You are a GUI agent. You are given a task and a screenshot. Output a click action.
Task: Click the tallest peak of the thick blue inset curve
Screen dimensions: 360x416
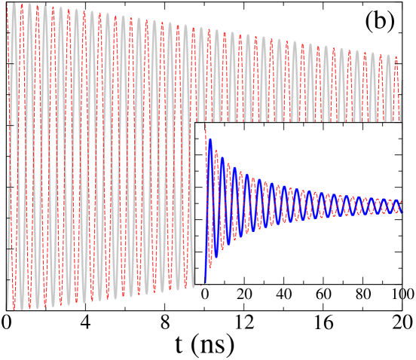pos(210,139)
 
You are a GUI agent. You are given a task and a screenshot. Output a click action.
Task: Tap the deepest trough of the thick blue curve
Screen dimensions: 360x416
pos(216,257)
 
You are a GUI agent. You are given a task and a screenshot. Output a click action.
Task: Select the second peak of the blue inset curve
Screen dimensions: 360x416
pos(222,158)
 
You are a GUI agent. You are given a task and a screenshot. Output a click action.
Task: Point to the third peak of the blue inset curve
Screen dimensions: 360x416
pos(234,168)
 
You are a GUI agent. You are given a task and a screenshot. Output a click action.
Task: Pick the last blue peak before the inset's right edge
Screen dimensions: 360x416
pos(396,200)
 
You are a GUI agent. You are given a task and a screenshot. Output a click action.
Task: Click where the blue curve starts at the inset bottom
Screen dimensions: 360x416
pos(205,283)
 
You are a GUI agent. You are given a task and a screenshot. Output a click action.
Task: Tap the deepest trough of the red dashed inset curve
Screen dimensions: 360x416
pos(210,267)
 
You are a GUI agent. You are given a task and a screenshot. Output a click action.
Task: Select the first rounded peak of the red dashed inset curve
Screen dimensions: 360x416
pos(216,151)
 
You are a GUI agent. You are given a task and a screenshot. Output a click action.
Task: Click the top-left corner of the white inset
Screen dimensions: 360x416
pos(195,123)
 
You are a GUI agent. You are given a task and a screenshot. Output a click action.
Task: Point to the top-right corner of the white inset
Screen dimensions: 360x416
pos(402,123)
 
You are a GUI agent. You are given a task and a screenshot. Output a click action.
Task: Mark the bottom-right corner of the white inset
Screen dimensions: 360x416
pos(402,284)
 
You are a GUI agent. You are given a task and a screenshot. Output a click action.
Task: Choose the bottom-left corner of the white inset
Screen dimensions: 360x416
pos(195,284)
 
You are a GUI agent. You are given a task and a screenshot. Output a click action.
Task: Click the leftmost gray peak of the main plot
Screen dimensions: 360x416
pos(14,3)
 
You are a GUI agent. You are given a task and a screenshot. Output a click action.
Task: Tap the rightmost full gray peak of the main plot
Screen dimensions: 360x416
pos(388,55)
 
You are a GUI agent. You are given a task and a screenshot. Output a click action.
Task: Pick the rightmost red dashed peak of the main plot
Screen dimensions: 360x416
pos(396,58)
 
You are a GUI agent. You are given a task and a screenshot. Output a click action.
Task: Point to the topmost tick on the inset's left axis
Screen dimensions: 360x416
pos(197,139)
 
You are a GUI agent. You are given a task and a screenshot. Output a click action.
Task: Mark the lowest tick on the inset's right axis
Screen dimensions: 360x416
pos(399,267)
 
